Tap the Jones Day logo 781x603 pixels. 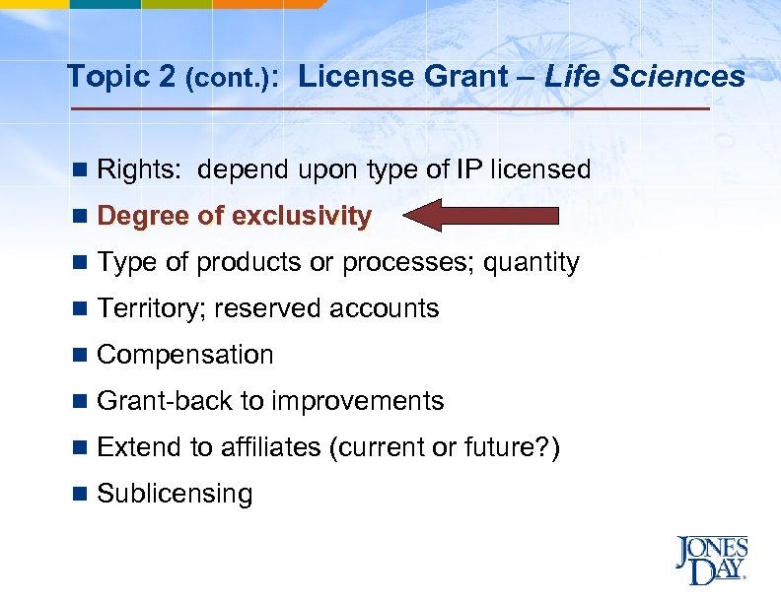click(711, 560)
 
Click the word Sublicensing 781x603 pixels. click(176, 494)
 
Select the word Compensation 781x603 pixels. click(185, 355)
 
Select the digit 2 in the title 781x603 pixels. click(166, 76)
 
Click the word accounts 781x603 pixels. click(384, 308)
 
